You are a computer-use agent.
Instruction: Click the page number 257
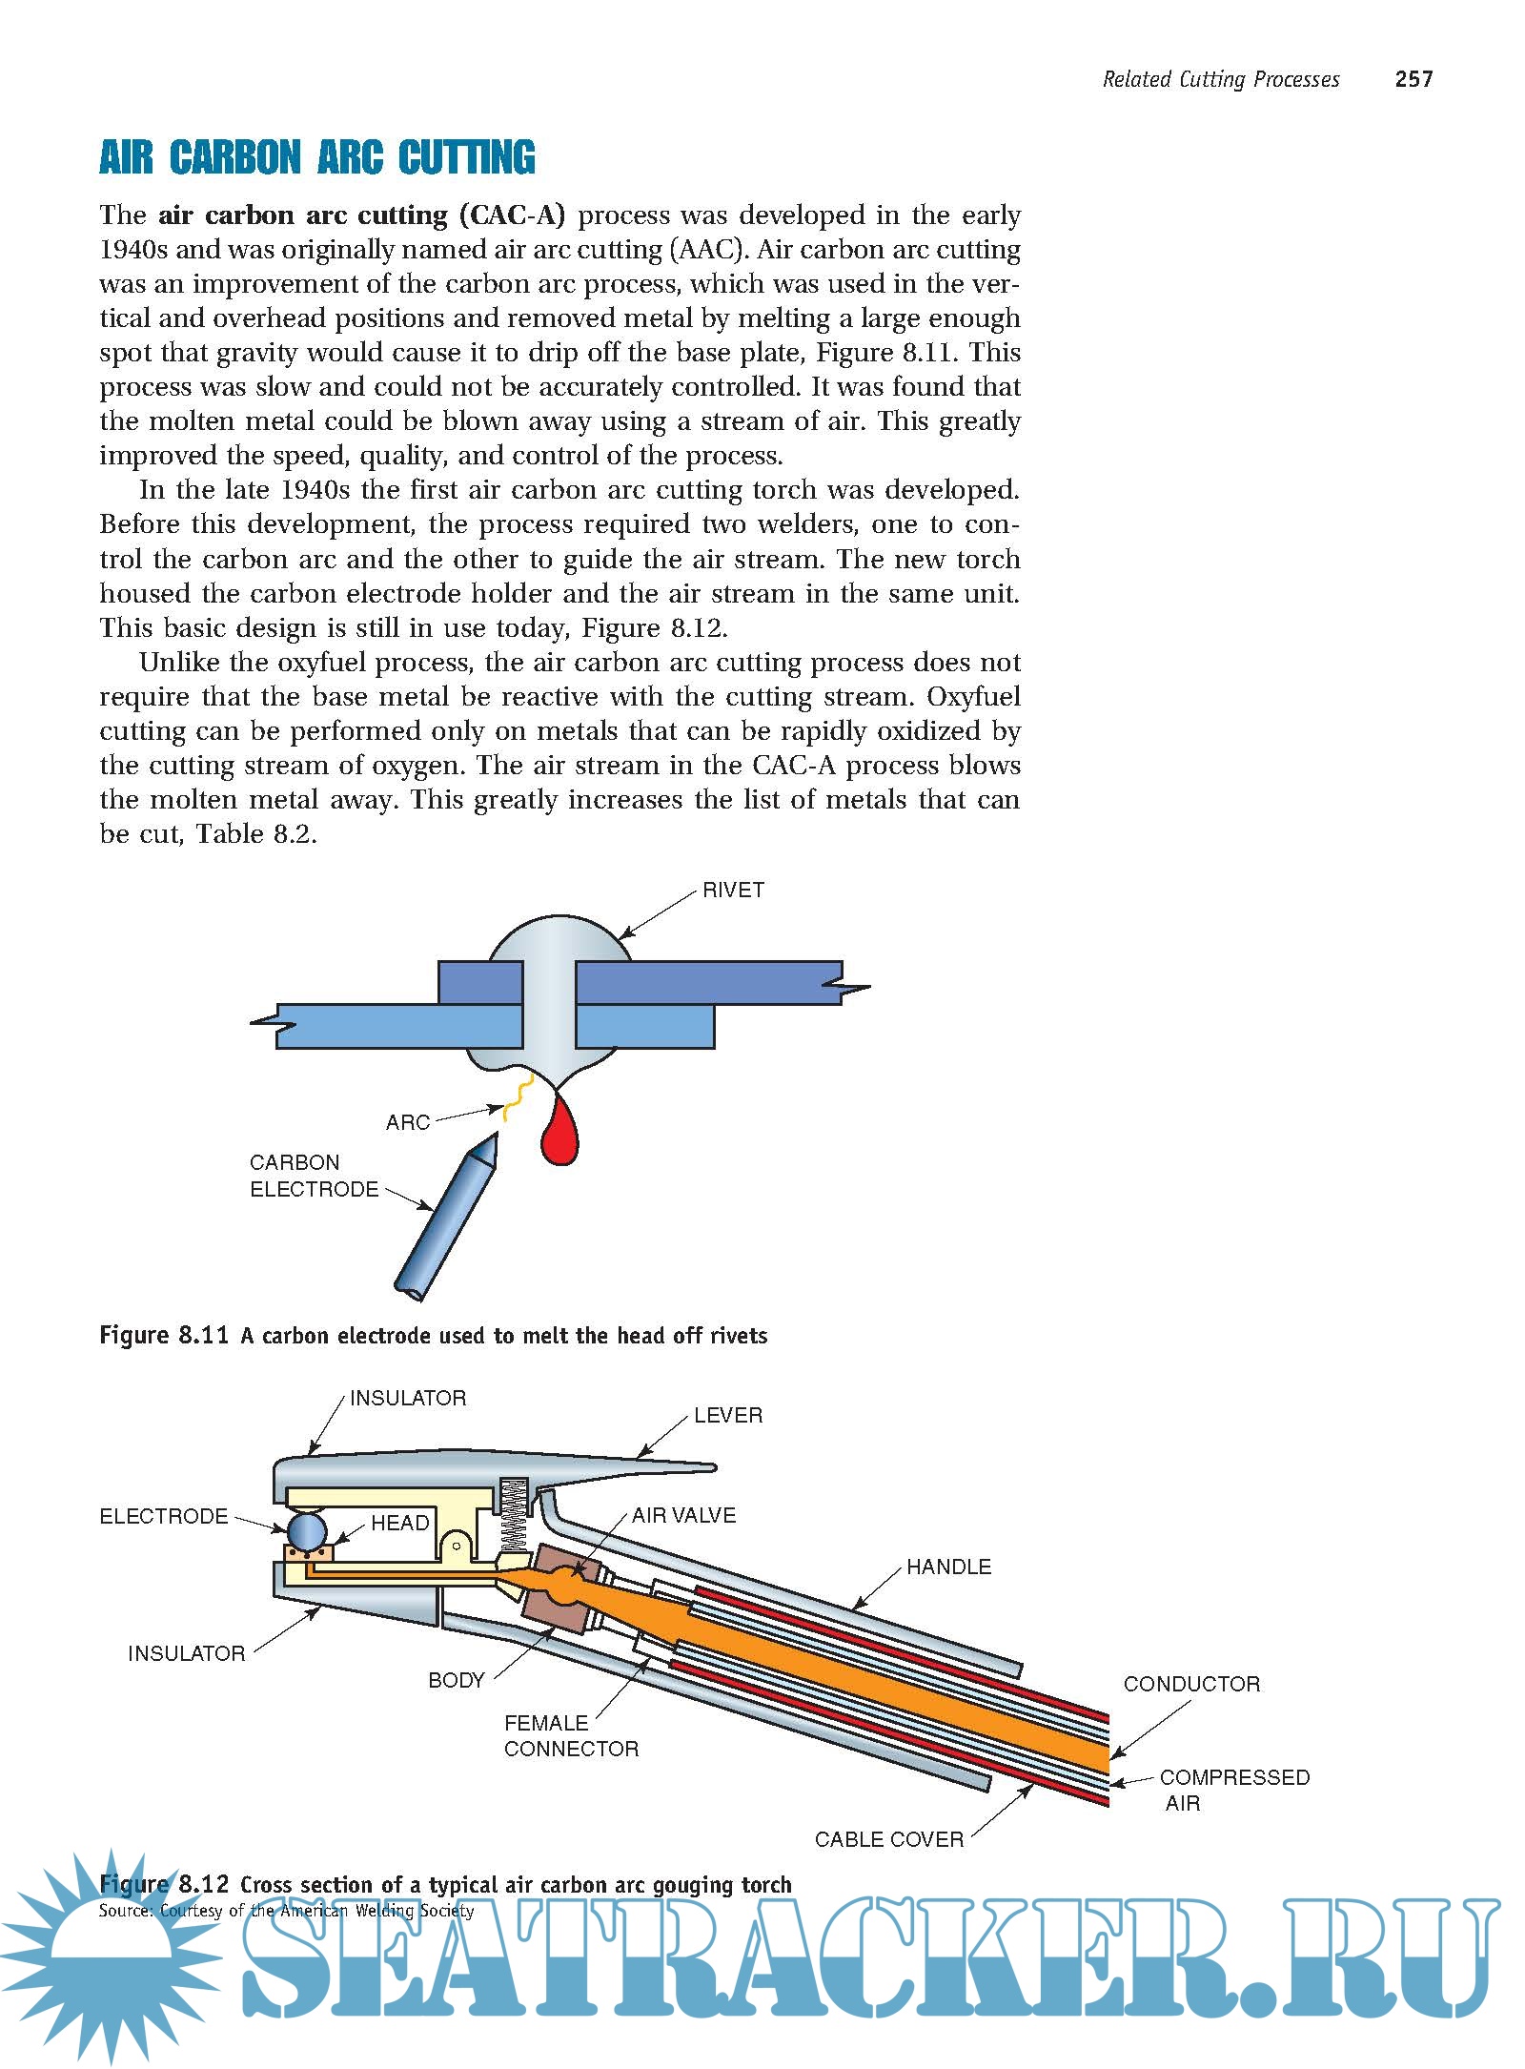coord(1413,79)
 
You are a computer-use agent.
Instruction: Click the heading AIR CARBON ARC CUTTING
coord(316,158)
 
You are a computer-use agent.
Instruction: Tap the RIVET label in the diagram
coord(733,891)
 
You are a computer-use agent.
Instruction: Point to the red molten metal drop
coord(559,1135)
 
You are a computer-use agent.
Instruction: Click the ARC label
coord(408,1123)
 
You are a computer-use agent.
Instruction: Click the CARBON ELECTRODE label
coord(314,1176)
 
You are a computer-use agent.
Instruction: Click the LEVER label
coord(728,1416)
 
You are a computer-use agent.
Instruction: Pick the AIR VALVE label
coord(683,1516)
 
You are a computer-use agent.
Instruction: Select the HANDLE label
coord(948,1567)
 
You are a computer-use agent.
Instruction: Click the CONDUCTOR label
coord(1191,1685)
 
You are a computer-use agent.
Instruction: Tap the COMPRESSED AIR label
coord(1233,1791)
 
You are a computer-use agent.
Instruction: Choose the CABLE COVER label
coord(888,1840)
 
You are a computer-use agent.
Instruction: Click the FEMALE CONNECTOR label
coord(571,1736)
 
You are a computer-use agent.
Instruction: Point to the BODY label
coord(457,1681)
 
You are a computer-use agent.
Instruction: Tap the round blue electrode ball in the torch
coord(307,1530)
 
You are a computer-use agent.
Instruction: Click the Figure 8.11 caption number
coord(164,1336)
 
